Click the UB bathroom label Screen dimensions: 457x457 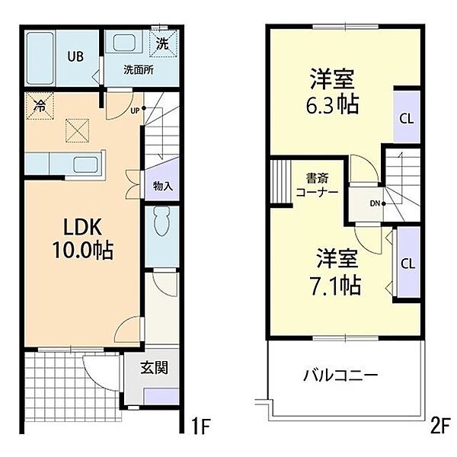(x=75, y=56)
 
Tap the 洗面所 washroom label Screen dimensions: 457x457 (x=139, y=70)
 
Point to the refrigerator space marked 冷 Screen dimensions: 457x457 (x=40, y=106)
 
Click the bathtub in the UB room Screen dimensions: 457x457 (x=40, y=58)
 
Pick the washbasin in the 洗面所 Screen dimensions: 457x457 (x=124, y=43)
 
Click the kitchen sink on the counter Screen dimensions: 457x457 (x=85, y=165)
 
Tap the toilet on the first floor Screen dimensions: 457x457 (x=161, y=221)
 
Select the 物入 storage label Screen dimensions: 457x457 (x=163, y=186)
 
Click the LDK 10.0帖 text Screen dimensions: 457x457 (x=83, y=238)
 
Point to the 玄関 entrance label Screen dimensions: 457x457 (x=155, y=368)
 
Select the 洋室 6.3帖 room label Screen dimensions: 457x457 (x=332, y=91)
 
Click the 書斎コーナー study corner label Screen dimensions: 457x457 (x=317, y=185)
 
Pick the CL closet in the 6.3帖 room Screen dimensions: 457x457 (x=407, y=118)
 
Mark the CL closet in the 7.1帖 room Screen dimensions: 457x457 (x=408, y=264)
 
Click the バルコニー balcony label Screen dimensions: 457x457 (x=340, y=376)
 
